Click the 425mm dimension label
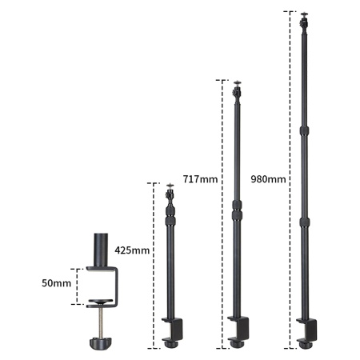pos(132,250)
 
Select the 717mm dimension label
pos(200,179)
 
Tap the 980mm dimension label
pos(268,179)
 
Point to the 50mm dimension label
pos(56,283)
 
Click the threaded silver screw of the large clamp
pos(101,322)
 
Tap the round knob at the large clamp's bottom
pos(101,343)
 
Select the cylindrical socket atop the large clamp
pos(101,250)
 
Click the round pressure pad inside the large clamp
pos(101,302)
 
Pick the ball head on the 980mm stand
pos(304,23)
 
